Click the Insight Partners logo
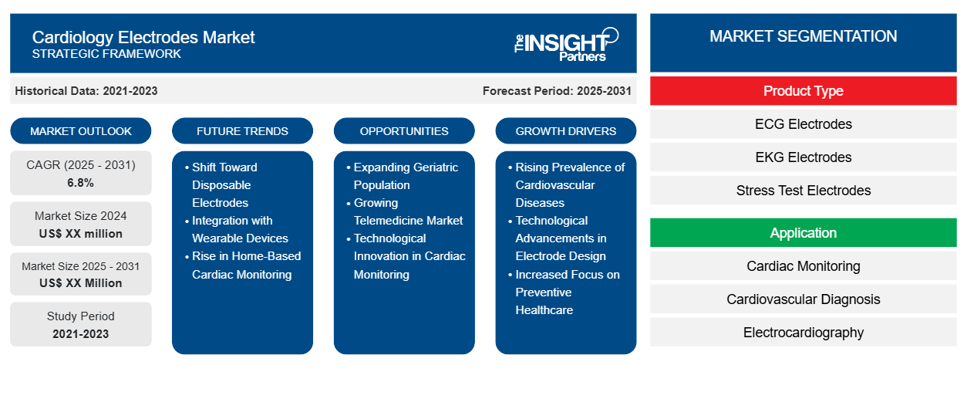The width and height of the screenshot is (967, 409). point(566,43)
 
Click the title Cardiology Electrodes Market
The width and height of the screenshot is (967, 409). point(143,36)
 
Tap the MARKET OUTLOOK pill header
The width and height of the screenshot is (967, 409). point(81,131)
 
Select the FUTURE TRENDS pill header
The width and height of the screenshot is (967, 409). point(242,131)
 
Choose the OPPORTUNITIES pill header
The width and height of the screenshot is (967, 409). point(404,131)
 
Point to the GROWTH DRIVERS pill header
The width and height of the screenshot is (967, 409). point(566,131)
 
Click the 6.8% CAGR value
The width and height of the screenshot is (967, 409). point(81,183)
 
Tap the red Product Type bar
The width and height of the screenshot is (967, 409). point(803,91)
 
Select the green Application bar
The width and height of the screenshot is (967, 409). point(803,233)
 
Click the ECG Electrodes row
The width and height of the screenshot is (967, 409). point(803,124)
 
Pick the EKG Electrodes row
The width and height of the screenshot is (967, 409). point(803,157)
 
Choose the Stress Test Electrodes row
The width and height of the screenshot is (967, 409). point(803,191)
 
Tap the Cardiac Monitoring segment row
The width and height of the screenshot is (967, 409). point(803,266)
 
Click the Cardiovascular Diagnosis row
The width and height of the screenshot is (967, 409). point(803,299)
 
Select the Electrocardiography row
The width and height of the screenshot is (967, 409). point(803,333)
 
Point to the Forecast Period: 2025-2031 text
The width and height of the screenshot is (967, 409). point(557,91)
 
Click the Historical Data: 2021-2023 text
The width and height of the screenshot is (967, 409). point(86,91)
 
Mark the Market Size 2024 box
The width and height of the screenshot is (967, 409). point(81,225)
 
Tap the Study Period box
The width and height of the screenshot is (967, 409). point(81,325)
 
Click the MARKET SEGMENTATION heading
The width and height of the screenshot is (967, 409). point(803,36)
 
